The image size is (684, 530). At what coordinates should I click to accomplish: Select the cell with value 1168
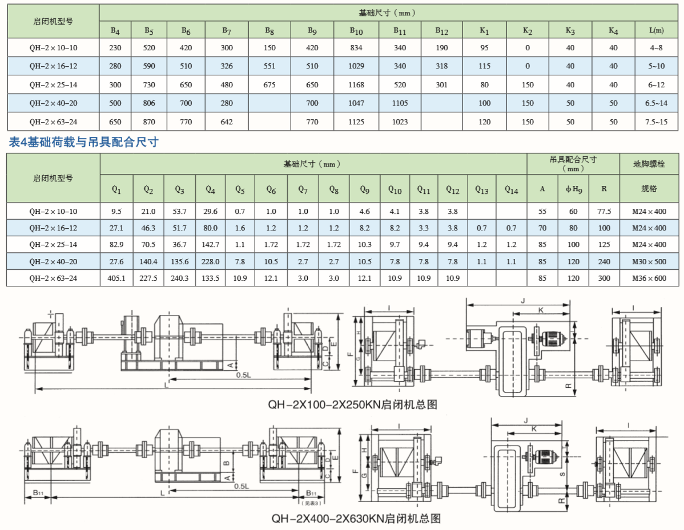pyautogui.click(x=356, y=85)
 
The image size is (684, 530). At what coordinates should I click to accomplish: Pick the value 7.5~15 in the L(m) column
pyautogui.click(x=656, y=122)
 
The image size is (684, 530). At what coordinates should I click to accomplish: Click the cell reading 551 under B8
pyautogui.click(x=269, y=66)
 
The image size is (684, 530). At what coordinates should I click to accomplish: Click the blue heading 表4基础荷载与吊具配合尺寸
pyautogui.click(x=83, y=143)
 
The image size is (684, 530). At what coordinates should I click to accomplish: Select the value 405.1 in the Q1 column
pyautogui.click(x=116, y=278)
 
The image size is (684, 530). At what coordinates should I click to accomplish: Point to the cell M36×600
pyautogui.click(x=649, y=278)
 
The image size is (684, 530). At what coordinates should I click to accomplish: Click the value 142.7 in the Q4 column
pyautogui.click(x=210, y=245)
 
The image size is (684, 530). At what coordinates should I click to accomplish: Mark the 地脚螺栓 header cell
pyautogui.click(x=649, y=164)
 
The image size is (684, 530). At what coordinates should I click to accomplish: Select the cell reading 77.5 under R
pyautogui.click(x=603, y=212)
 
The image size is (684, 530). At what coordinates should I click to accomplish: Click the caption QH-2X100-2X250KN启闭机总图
pyautogui.click(x=353, y=404)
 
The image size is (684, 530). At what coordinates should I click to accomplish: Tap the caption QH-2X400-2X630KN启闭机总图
pyautogui.click(x=356, y=519)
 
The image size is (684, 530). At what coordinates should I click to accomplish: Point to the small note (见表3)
pyautogui.click(x=311, y=503)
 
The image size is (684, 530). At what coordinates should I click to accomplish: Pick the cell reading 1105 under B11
pyautogui.click(x=400, y=103)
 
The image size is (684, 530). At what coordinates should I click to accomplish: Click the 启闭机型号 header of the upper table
pyautogui.click(x=53, y=21)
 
